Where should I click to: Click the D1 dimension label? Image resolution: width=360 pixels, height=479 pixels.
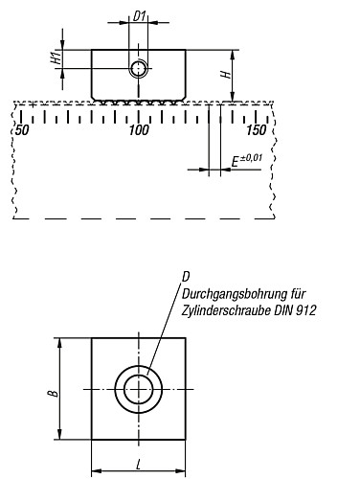[x=140, y=17]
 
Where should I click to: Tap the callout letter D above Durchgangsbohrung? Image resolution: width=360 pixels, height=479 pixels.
[x=185, y=277]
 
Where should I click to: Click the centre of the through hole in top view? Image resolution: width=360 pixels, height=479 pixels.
[x=139, y=389]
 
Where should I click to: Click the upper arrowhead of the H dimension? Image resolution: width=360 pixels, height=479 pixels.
[x=232, y=51]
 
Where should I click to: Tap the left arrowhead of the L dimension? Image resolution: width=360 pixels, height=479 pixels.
[x=95, y=469]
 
